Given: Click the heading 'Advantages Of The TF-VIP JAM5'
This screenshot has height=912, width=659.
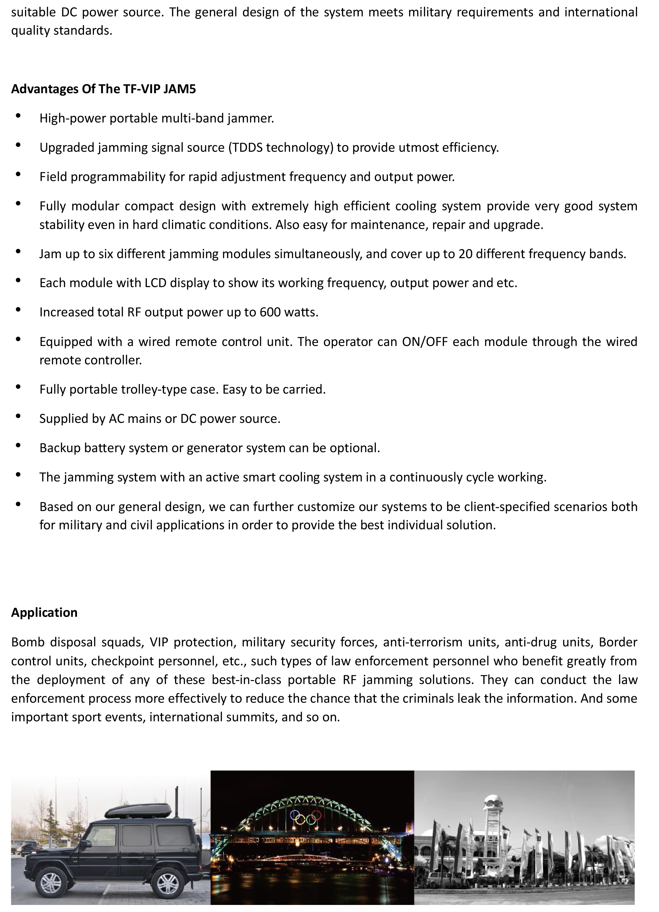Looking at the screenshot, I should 103,89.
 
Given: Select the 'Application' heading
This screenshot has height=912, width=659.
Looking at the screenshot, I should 44,612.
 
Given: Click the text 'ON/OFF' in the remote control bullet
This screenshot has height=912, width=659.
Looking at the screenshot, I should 425,341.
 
